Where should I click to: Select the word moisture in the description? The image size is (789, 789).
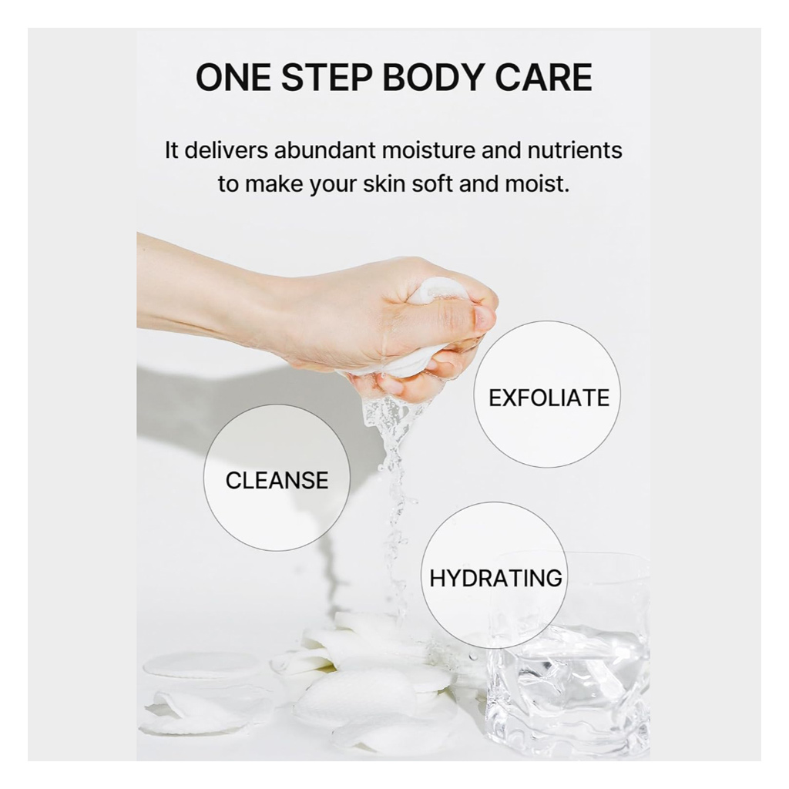pyautogui.click(x=434, y=149)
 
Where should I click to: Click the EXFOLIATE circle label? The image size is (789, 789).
pyautogui.click(x=549, y=398)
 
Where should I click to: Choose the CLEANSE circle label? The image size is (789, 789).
pyautogui.click(x=277, y=480)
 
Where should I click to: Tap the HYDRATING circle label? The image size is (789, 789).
pyautogui.click(x=495, y=578)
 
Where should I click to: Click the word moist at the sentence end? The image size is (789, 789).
pyautogui.click(x=542, y=186)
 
